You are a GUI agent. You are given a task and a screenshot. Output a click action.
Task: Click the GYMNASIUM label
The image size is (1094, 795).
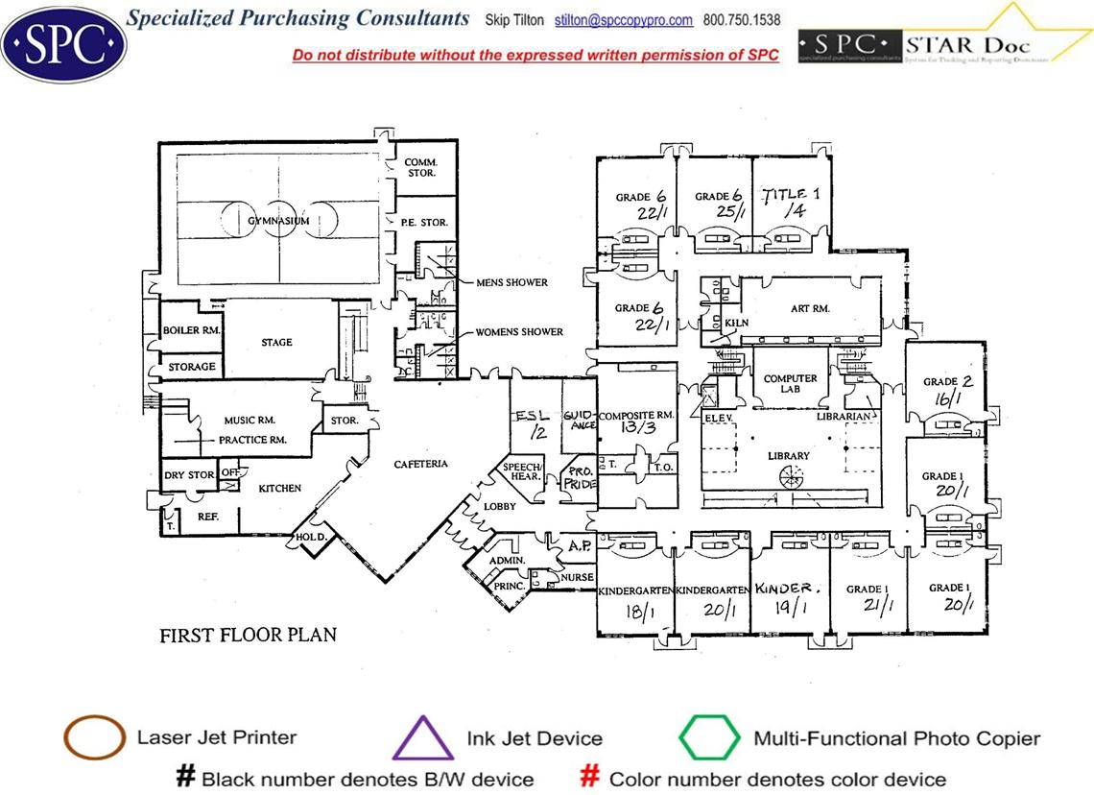pos(278,222)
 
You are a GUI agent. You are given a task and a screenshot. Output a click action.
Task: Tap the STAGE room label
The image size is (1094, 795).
pos(276,343)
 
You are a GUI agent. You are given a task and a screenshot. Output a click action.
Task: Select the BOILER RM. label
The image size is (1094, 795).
pos(192,330)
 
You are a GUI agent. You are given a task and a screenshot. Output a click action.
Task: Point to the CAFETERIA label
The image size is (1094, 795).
pos(420,465)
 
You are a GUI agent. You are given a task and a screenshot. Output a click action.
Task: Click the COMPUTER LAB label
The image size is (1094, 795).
pos(790,384)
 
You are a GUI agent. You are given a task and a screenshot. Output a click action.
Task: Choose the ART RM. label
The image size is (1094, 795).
pos(810,309)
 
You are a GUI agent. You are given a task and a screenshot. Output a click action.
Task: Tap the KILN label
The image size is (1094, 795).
pos(736,324)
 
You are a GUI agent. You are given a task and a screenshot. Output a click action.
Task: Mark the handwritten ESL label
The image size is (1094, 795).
pos(531,417)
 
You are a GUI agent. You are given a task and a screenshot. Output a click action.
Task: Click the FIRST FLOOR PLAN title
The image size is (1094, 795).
pos(248,636)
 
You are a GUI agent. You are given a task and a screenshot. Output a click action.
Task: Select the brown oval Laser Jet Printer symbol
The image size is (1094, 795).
pos(94,738)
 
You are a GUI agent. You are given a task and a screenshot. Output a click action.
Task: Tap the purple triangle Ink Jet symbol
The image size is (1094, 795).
pos(423,738)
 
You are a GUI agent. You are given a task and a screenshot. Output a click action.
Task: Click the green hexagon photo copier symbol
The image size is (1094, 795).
pos(709,738)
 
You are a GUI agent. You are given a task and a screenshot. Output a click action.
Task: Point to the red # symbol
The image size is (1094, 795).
pos(592,777)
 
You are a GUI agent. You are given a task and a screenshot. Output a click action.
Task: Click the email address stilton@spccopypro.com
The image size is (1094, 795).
pos(624,20)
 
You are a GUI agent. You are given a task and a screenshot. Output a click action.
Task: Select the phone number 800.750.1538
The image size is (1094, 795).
pos(742,20)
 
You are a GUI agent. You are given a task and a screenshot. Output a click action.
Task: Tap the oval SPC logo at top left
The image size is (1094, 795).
pos(63,43)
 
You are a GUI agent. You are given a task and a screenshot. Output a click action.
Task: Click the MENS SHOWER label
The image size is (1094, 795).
pos(511,283)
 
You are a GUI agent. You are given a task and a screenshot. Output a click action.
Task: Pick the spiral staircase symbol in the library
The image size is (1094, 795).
pos(789,474)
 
